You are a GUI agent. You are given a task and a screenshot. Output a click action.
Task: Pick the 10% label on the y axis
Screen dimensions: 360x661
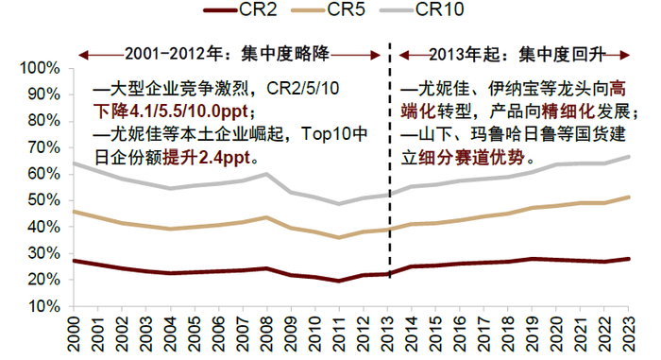click(x=43, y=307)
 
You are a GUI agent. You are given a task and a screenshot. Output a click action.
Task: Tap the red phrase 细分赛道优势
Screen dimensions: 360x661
click(x=472, y=154)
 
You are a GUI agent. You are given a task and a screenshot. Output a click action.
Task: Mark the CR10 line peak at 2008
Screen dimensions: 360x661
click(x=267, y=174)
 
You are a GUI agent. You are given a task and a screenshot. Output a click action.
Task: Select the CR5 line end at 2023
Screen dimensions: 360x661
click(x=628, y=197)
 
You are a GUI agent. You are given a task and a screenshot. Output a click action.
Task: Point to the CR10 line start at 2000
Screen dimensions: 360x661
click(x=75, y=163)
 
